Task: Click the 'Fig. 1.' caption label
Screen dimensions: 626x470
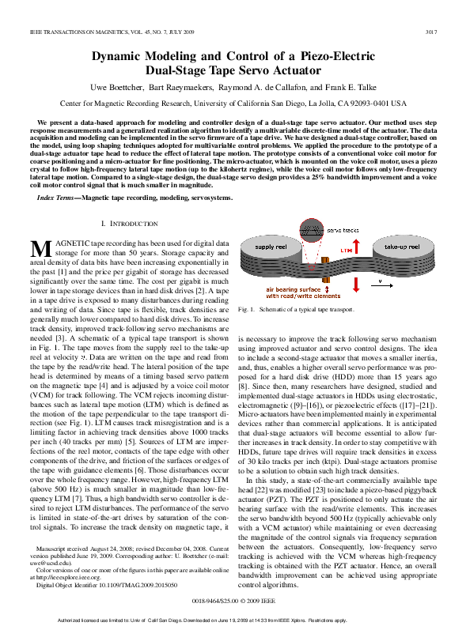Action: [245, 310]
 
